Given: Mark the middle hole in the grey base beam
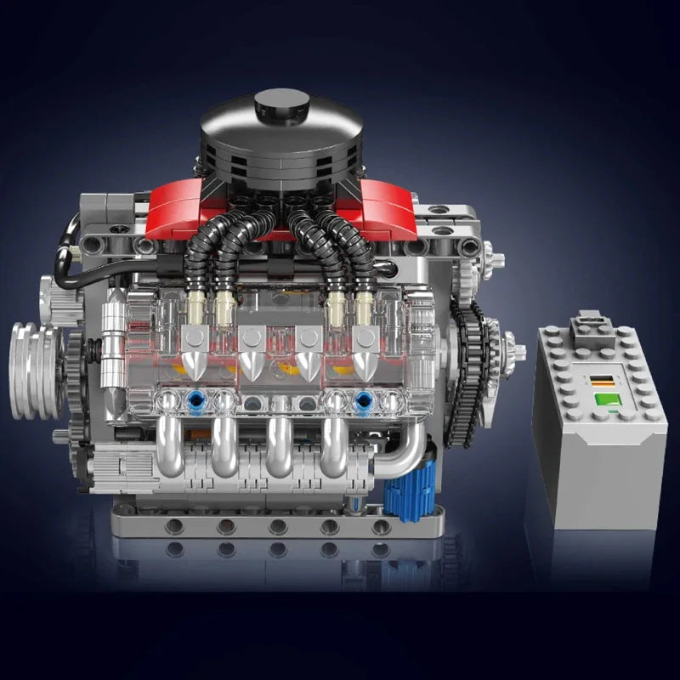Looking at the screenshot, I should [x=278, y=526].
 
